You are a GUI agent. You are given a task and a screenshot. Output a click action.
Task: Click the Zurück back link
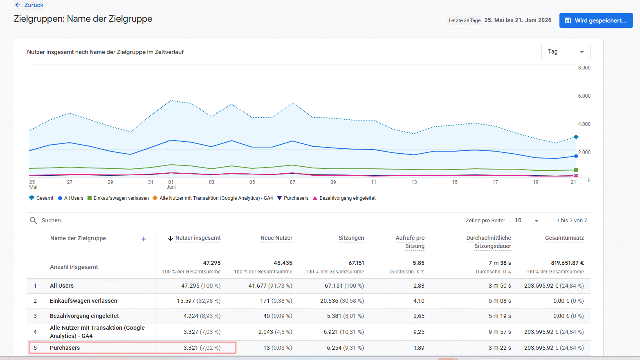(x=29, y=5)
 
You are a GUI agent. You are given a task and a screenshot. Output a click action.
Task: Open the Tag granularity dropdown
(x=566, y=52)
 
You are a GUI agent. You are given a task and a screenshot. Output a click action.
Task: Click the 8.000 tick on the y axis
(x=584, y=68)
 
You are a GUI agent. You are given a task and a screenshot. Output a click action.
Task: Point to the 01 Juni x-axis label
(x=171, y=184)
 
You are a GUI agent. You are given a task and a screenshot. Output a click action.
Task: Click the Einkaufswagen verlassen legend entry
(x=118, y=198)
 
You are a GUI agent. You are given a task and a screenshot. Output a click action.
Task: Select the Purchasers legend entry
(x=293, y=198)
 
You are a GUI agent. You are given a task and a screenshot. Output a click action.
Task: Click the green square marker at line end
(x=576, y=170)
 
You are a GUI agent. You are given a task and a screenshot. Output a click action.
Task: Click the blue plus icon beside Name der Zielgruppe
(x=144, y=239)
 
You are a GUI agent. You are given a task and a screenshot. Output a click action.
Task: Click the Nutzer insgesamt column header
(x=198, y=238)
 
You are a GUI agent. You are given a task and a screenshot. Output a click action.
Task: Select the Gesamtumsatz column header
(x=564, y=238)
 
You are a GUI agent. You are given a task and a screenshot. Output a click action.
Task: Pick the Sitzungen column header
(x=351, y=238)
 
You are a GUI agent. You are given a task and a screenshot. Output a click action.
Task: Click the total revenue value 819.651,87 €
(x=567, y=263)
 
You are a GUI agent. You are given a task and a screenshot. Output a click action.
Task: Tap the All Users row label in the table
(x=62, y=286)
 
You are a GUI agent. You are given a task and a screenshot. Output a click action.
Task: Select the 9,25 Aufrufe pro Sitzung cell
(x=419, y=332)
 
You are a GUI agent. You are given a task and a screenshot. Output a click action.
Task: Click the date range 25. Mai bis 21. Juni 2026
(x=518, y=20)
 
